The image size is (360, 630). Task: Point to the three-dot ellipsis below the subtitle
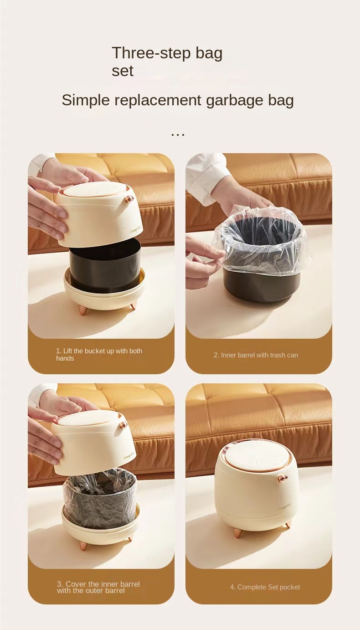tap(178, 135)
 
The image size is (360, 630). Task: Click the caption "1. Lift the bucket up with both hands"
tap(99, 355)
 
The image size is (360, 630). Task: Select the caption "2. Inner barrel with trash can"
tap(256, 355)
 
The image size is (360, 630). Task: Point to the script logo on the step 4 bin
tap(284, 507)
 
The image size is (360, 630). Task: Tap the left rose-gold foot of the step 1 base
tap(82, 310)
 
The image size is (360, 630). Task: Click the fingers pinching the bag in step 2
tap(207, 259)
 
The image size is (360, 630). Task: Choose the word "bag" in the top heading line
tap(209, 54)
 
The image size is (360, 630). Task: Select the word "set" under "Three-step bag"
tap(122, 71)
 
